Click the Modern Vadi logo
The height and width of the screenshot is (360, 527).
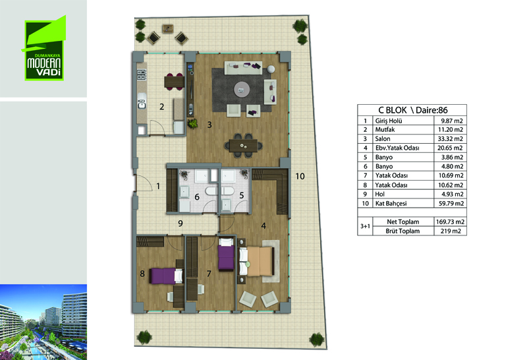(x=44, y=49)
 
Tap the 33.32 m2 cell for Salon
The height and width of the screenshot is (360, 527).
(x=450, y=138)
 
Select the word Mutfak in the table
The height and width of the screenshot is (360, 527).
(x=385, y=129)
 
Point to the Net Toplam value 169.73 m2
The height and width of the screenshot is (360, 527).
(x=450, y=222)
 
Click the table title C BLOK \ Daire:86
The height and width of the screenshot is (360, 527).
(x=413, y=110)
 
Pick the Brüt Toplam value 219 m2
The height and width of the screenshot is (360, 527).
(x=451, y=231)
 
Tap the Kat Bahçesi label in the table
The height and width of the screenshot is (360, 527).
(x=391, y=204)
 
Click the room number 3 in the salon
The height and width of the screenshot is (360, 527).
(x=209, y=125)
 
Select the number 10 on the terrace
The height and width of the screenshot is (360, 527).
(x=300, y=176)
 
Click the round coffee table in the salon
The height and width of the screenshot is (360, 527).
(x=242, y=90)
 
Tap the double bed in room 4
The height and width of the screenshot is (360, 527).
(x=257, y=261)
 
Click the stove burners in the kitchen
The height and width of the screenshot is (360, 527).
(x=142, y=75)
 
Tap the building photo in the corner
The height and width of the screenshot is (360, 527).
(x=43, y=322)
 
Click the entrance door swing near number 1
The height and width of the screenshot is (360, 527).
(x=144, y=183)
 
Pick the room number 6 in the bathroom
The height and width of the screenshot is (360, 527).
(x=197, y=197)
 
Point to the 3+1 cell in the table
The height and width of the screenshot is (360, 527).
(x=365, y=226)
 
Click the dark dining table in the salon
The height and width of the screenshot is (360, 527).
(x=243, y=146)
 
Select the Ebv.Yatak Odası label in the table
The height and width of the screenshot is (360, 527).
(x=397, y=148)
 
